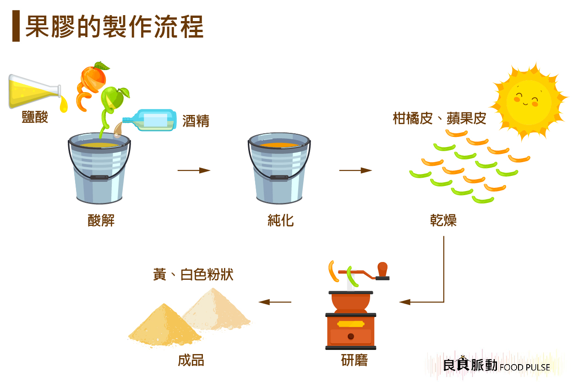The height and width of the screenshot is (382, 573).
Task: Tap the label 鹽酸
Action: pos(35,117)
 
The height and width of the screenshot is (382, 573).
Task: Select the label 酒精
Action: pos(196,121)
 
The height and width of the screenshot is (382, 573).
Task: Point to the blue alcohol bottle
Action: pos(151,120)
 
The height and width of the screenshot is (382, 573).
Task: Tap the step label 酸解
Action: pos(101,221)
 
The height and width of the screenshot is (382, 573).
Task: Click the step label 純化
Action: pos(280,221)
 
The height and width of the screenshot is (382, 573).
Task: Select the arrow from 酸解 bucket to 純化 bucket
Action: pos(194,170)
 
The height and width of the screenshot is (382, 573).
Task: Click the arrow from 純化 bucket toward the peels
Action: pos(355,170)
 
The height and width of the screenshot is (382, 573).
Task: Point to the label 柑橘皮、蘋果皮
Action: pos(439,119)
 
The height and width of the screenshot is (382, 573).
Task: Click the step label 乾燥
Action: pos(443,221)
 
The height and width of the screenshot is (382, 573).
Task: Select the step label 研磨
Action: pos(354,360)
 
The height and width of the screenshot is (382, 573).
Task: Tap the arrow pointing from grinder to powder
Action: pos(275,302)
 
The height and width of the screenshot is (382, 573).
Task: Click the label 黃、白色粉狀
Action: pos(193,274)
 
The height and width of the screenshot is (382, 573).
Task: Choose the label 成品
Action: pos(191,360)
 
